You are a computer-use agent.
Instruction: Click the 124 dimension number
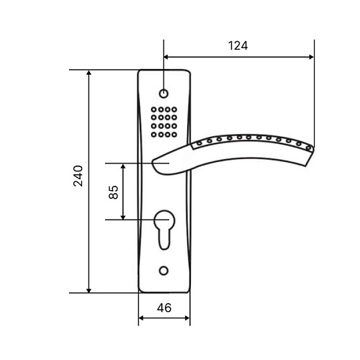(238, 45)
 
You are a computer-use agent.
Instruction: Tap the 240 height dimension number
(78, 176)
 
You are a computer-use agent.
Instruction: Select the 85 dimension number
(114, 192)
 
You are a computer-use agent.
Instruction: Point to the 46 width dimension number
(164, 307)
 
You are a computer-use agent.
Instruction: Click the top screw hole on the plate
(163, 94)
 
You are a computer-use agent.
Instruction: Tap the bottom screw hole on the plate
(163, 271)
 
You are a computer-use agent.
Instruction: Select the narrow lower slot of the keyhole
(164, 239)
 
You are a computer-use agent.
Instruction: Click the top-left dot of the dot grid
(154, 109)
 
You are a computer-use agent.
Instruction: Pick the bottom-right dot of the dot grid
(174, 135)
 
